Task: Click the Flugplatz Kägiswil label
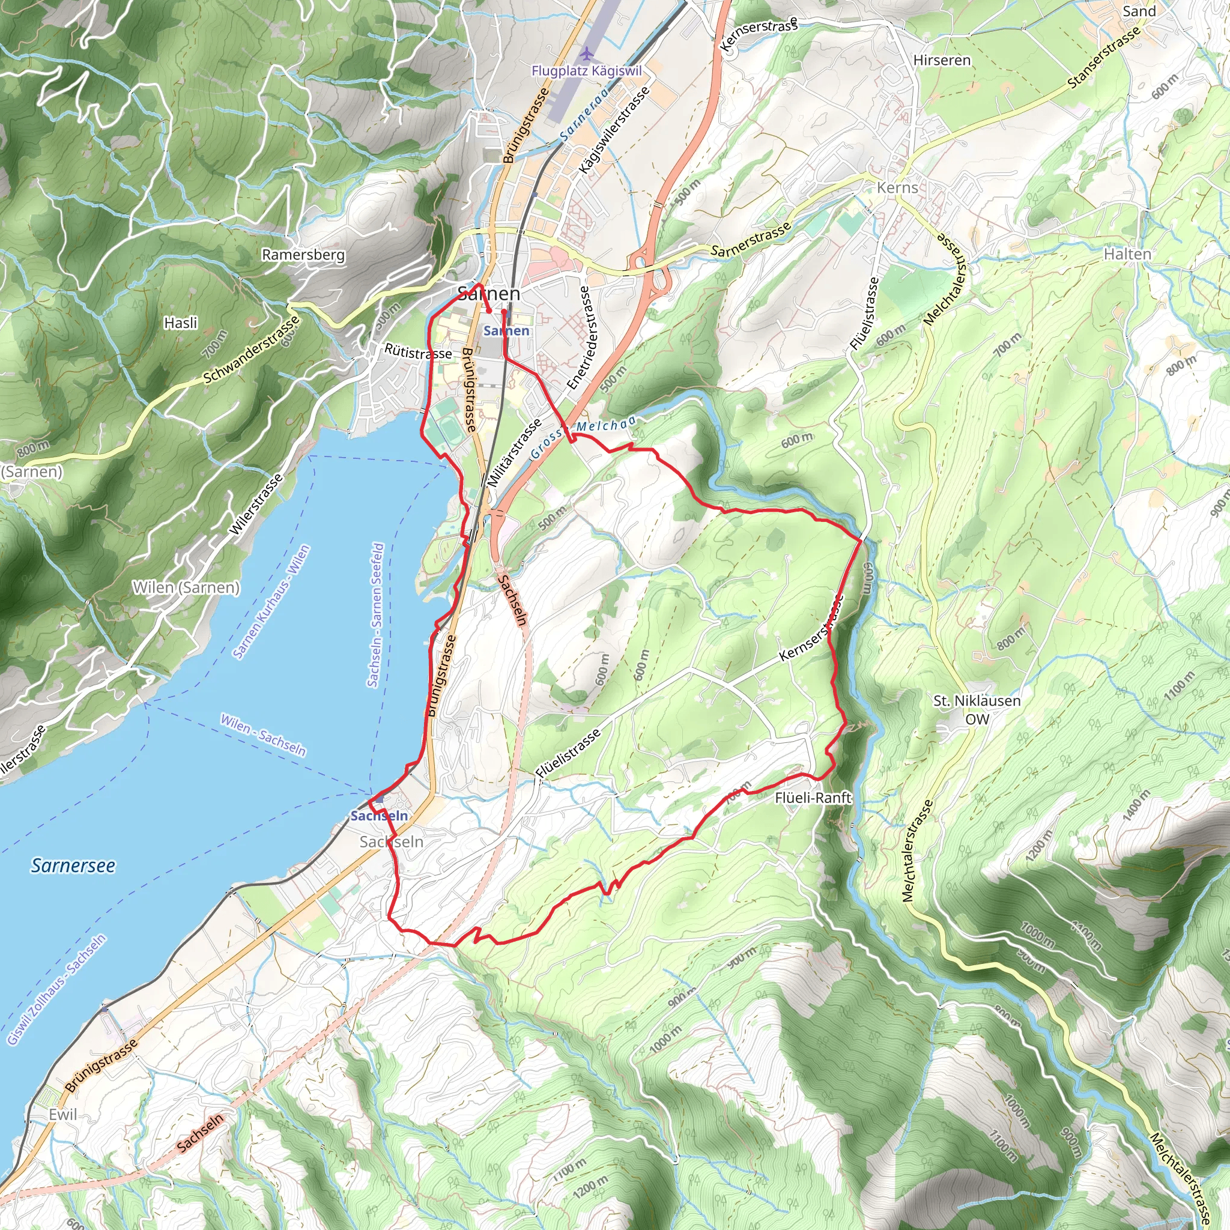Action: click(586, 71)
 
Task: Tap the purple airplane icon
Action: click(586, 52)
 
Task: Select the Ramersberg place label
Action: click(303, 255)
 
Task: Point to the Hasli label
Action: click(181, 323)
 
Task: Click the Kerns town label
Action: click(897, 188)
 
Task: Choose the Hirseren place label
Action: click(942, 60)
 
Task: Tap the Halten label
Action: click(1127, 254)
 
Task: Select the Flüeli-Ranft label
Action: click(813, 798)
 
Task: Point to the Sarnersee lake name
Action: click(73, 866)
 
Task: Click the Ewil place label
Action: click(62, 1115)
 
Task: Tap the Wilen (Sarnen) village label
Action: click(186, 587)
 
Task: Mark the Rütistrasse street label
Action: click(418, 352)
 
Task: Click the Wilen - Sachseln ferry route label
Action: click(263, 735)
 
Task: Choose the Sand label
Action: click(1139, 11)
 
